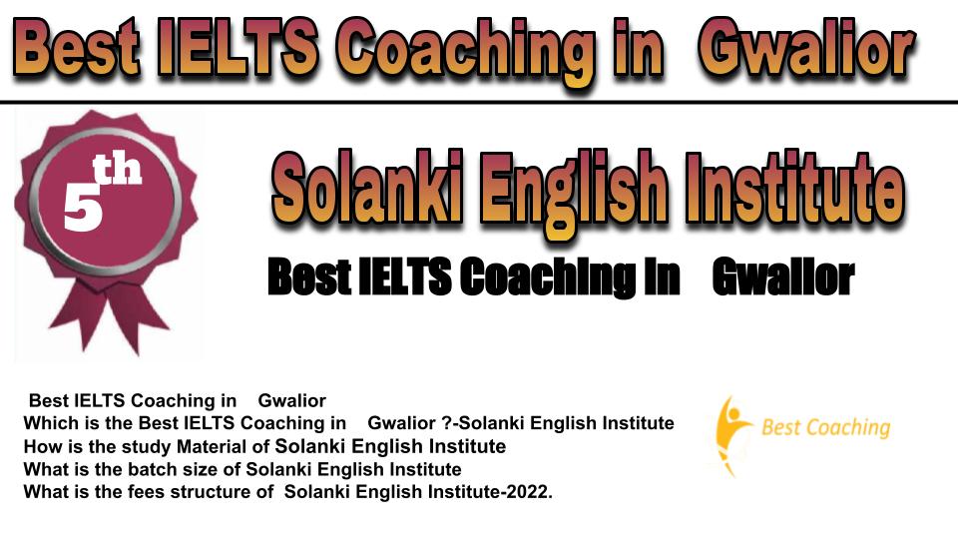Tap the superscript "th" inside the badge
[x=117, y=170]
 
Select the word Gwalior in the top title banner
[x=807, y=49]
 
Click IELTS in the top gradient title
[x=238, y=47]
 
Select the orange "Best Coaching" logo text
[x=826, y=428]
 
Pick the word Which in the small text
[x=47, y=423]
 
